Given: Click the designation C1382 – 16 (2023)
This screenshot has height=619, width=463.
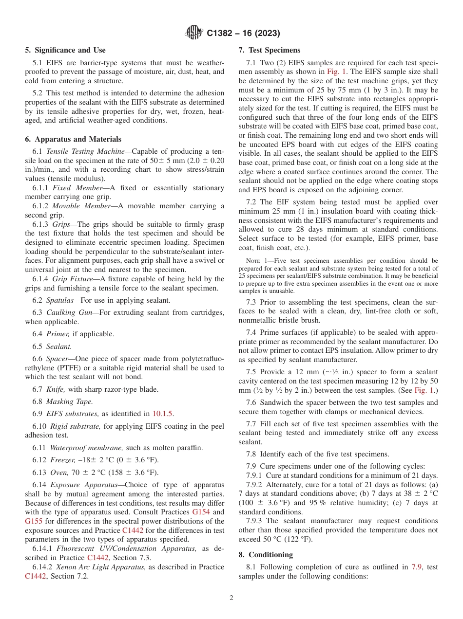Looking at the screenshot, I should pyautogui.click(x=242, y=33).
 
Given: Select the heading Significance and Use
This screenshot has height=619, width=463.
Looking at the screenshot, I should pyautogui.click(x=65, y=50).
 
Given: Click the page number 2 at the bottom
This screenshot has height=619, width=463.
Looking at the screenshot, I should pyautogui.click(x=231, y=598).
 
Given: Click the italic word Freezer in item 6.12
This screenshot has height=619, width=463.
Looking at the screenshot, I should pyautogui.click(x=61, y=460).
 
